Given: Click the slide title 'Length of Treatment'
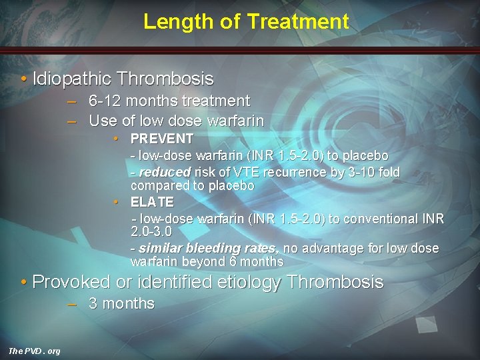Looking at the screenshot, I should (x=246, y=21).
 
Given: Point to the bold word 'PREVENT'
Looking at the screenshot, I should (x=162, y=139).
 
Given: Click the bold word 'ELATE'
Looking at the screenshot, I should (x=152, y=202).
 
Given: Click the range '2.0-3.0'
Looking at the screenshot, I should (x=151, y=232).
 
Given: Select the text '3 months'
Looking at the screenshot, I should (x=121, y=304).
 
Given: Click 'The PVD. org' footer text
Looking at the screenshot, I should (x=34, y=351).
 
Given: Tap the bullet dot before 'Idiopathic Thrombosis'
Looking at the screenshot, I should (x=25, y=79).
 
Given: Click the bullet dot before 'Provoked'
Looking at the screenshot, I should (x=25, y=282).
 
